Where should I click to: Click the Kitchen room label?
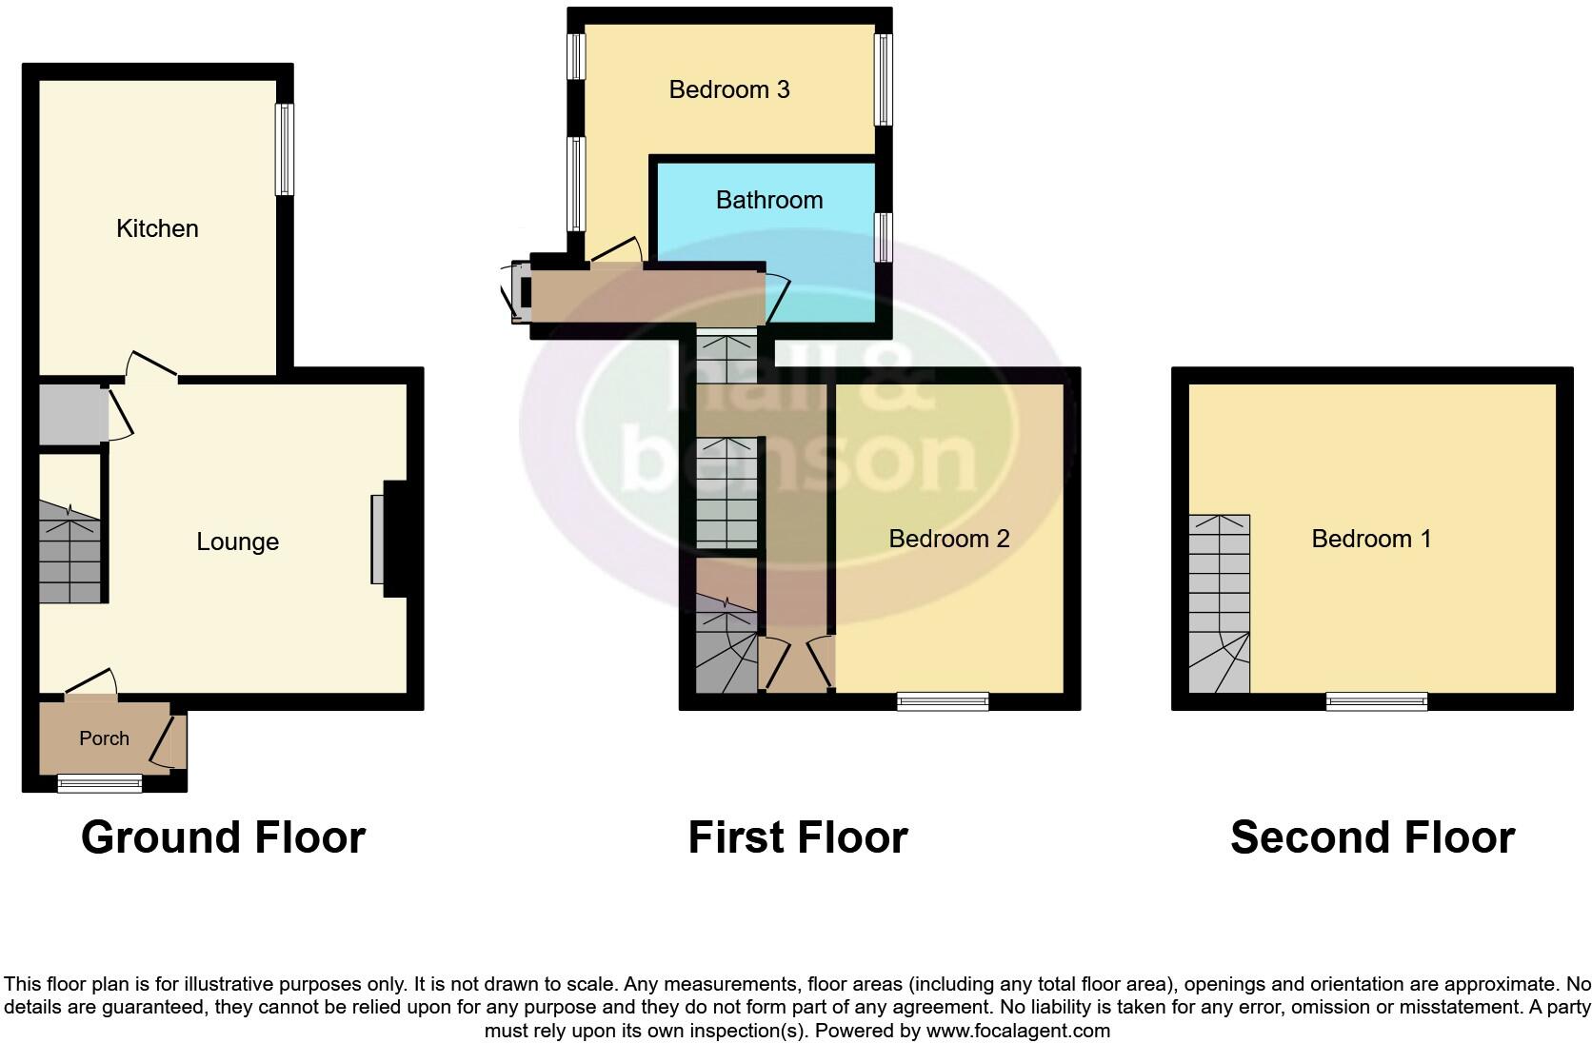[157, 228]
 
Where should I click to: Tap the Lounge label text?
[237, 541]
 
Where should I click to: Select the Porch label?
[104, 738]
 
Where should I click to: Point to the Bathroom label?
[769, 200]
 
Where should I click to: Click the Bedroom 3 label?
[729, 89]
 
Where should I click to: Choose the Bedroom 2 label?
[948, 539]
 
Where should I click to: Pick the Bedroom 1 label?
[1371, 539]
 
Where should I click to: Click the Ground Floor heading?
[223, 837]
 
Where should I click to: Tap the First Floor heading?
[798, 837]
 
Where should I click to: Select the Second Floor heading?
[1372, 837]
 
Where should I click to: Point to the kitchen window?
[285, 148]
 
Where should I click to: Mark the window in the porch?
[99, 783]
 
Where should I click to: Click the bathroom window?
[884, 236]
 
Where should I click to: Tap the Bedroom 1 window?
[1377, 701]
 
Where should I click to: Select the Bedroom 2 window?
[943, 701]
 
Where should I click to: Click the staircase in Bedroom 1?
[1220, 603]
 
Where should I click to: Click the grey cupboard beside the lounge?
[70, 413]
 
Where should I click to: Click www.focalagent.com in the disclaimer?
[1018, 1030]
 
